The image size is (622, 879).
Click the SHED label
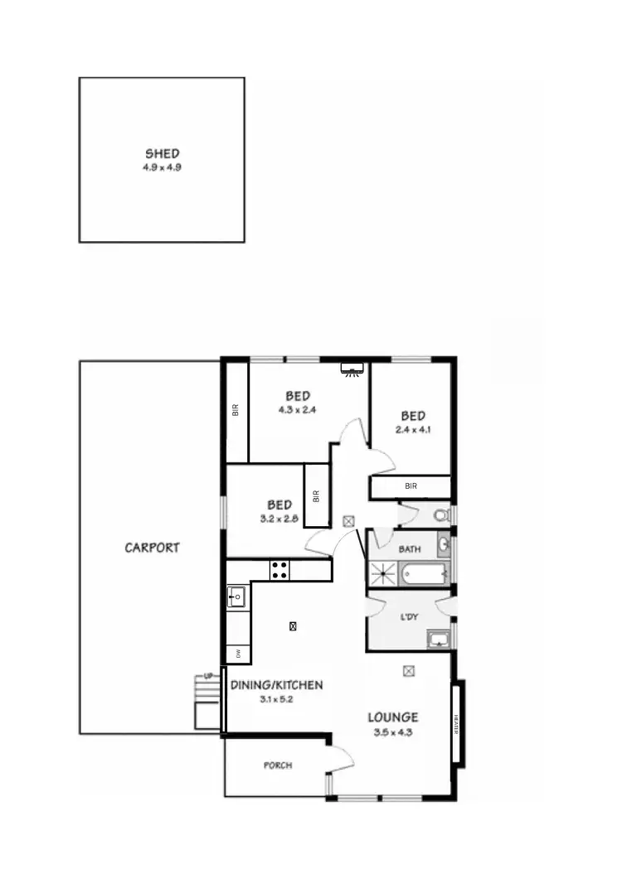(162, 153)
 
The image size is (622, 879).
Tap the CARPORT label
(152, 548)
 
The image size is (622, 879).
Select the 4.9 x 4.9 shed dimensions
(162, 167)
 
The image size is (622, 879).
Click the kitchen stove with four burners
(279, 569)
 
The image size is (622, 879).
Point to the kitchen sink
(236, 596)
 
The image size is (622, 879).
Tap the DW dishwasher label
(238, 654)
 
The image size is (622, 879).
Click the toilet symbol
(441, 515)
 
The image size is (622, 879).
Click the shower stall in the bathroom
(383, 572)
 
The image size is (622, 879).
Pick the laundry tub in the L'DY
(436, 638)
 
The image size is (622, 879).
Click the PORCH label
(278, 766)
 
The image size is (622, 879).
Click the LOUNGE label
(393, 717)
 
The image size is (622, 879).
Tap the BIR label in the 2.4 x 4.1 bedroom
(411, 486)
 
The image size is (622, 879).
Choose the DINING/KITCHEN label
(276, 685)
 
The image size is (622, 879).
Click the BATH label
(410, 548)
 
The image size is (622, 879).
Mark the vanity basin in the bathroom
(443, 544)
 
